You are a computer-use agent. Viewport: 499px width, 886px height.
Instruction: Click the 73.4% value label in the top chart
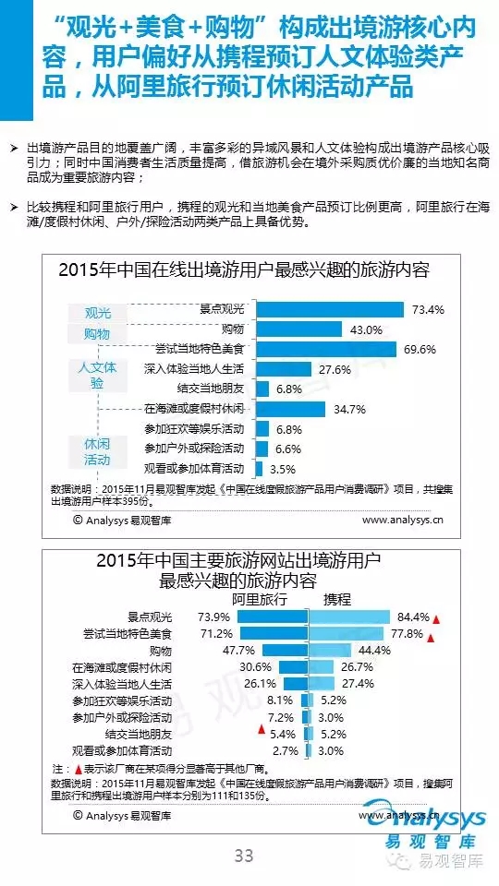coord(428,309)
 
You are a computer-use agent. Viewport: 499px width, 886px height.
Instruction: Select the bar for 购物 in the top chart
coord(298,329)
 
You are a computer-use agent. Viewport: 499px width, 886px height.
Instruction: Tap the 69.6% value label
coord(420,349)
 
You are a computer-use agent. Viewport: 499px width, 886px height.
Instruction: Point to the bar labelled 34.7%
coord(290,409)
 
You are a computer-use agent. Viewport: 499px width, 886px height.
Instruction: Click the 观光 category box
coord(97,313)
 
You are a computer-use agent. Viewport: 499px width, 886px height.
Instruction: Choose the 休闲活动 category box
coord(97,451)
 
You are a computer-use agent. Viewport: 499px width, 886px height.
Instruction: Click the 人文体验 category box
coord(97,376)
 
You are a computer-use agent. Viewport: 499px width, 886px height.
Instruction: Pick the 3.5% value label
coord(283,469)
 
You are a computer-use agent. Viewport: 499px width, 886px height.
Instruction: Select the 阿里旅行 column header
coord(260,600)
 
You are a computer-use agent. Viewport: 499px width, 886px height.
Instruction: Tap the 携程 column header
coord(337,600)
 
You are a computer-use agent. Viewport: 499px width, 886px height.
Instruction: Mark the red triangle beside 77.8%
coord(430,639)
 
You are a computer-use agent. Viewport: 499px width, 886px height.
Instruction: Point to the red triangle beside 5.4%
coord(262,729)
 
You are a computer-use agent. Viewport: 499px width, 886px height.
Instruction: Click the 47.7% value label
coord(238,650)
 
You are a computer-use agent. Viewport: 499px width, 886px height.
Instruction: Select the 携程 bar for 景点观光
coord(349,617)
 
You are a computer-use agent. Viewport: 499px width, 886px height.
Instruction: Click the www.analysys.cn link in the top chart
coord(403,521)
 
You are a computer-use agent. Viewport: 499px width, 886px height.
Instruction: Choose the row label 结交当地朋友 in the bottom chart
coord(139,734)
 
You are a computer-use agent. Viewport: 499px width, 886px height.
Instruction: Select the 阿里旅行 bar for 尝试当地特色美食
coord(274,633)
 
